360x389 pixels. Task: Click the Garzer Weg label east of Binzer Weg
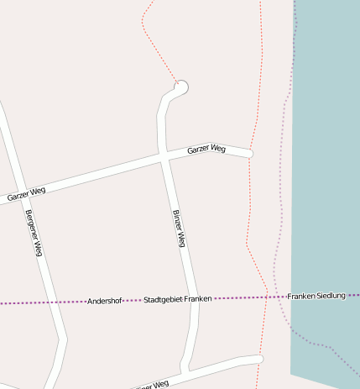click(206, 150)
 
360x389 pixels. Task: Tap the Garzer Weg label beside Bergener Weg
click(26, 194)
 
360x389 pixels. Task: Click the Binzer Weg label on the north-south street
click(178, 228)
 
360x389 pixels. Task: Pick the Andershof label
click(105, 301)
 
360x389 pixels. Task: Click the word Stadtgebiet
click(164, 299)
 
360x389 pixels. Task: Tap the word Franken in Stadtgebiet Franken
click(199, 298)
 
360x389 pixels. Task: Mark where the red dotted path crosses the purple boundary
click(265, 297)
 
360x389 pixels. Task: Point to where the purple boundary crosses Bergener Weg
click(50, 302)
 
